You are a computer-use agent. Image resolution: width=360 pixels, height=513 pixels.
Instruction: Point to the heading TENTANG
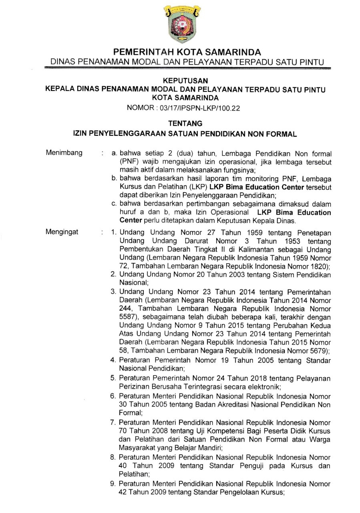(180, 124)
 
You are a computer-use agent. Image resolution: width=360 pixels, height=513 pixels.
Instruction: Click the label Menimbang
(64, 153)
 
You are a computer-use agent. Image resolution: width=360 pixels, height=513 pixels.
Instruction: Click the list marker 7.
(114, 422)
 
